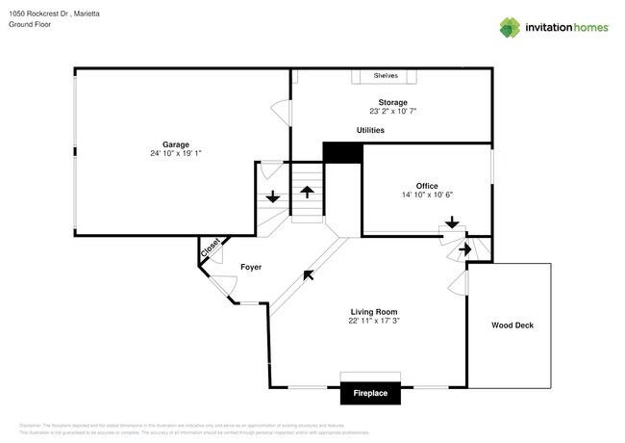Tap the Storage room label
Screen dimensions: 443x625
coord(391,102)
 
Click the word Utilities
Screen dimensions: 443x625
coord(370,130)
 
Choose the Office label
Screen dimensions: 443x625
coord(427,185)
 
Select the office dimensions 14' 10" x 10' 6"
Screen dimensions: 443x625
coord(427,195)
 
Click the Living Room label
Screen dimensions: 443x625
coord(373,312)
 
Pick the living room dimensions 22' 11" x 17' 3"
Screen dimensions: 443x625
coord(373,322)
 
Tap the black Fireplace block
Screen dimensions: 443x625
coord(370,393)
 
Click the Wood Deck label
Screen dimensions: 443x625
coord(512,326)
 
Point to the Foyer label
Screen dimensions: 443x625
coord(250,267)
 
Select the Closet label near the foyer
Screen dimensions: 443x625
coord(211,248)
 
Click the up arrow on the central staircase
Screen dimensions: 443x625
coord(308,191)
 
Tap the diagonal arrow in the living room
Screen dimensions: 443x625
coord(308,275)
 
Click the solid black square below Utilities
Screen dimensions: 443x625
coord(341,153)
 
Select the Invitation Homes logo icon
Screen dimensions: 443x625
coord(510,28)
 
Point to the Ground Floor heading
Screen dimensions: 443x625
coord(30,25)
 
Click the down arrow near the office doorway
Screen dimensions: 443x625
coord(451,222)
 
